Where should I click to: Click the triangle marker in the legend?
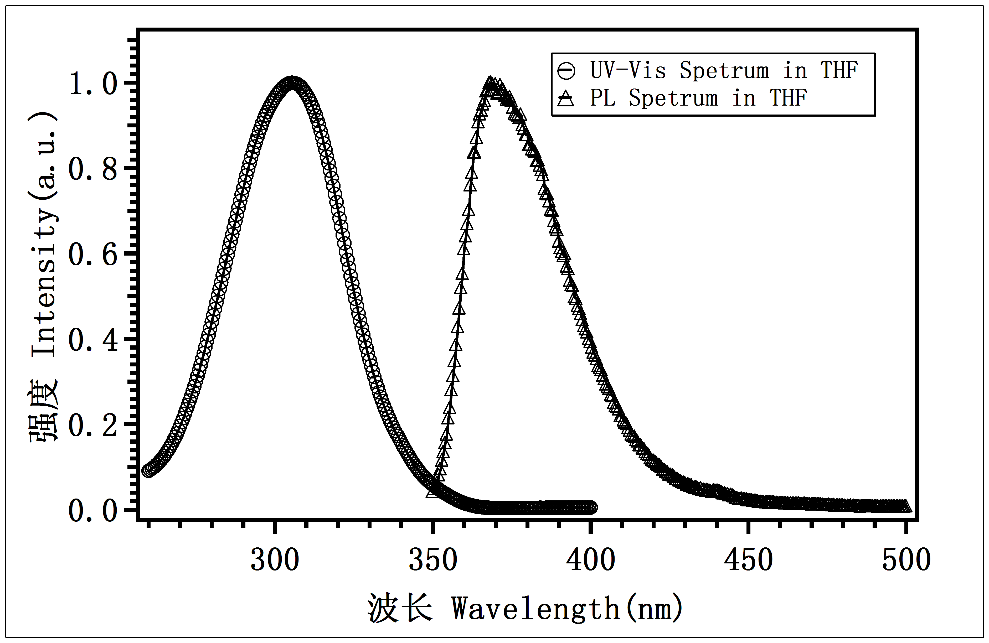(566, 99)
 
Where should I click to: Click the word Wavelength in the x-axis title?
(536, 609)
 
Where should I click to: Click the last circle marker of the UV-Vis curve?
(591, 507)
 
